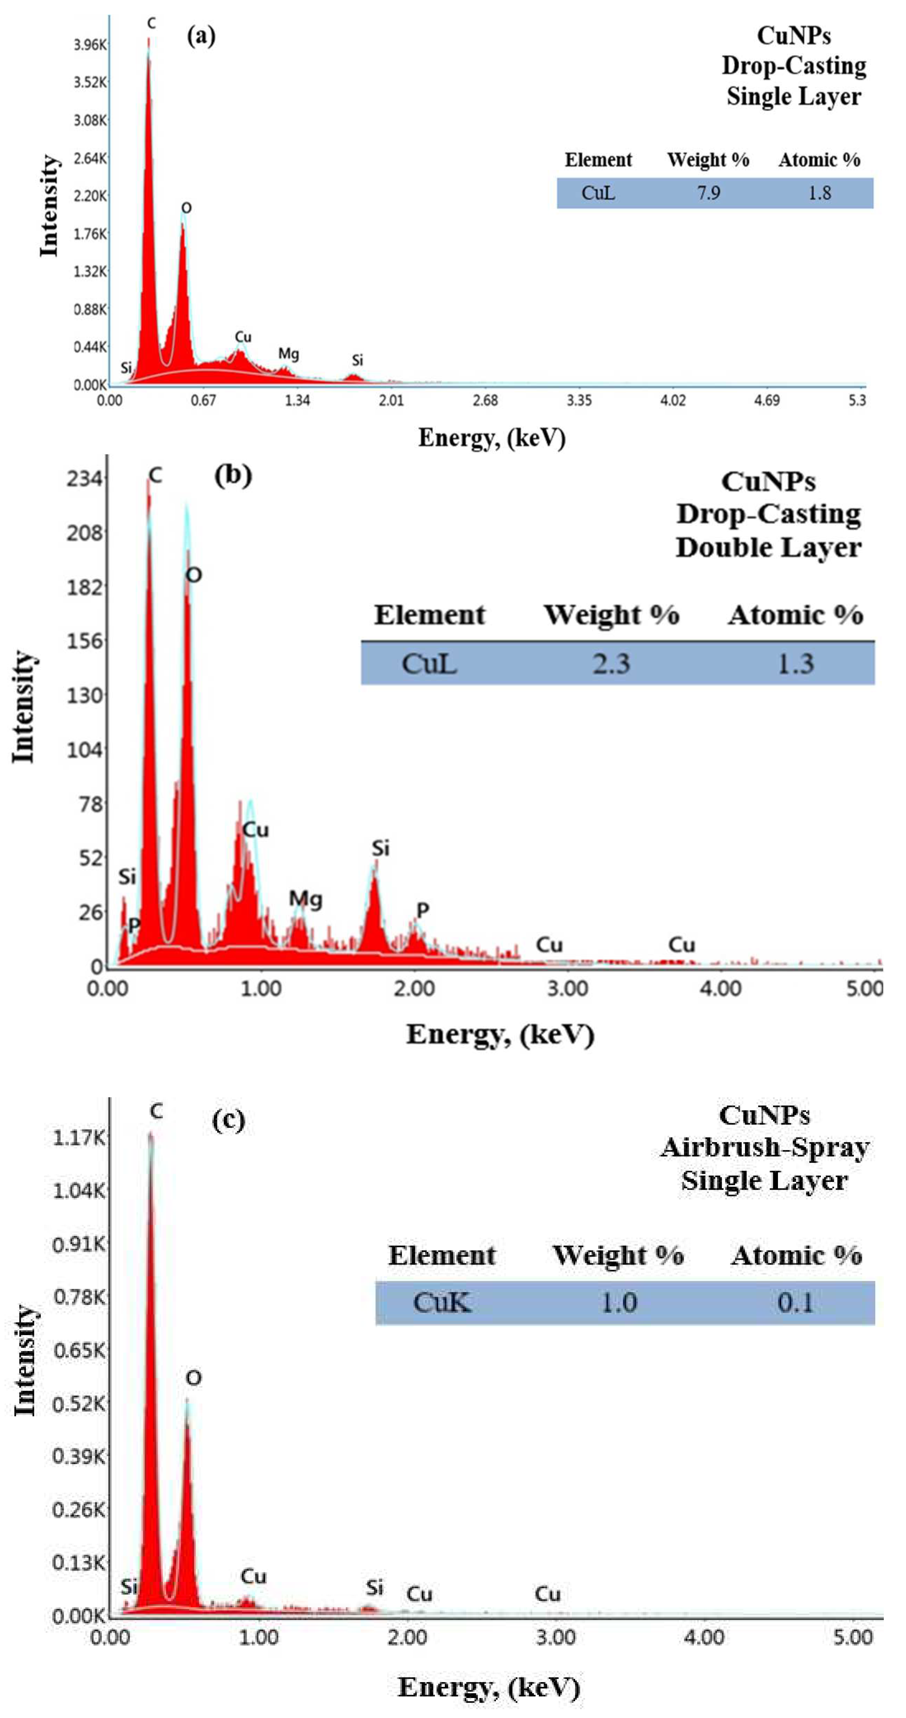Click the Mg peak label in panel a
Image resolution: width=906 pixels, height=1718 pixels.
tap(288, 353)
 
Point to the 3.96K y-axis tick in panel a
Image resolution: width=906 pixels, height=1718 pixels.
tap(90, 45)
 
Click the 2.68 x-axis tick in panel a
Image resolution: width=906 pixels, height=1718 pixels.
tap(485, 400)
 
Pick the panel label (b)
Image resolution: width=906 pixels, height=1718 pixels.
tap(233, 475)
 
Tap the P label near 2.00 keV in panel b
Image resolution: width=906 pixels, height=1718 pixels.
tap(422, 910)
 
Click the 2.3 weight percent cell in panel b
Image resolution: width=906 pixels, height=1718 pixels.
tap(611, 664)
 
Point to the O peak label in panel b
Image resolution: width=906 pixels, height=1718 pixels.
tap(194, 575)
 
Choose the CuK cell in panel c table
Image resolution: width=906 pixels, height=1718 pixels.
tap(442, 1302)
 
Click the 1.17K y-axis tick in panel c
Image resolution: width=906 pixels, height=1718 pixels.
tap(79, 1137)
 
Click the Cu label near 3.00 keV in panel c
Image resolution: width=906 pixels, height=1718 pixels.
tap(547, 1594)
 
